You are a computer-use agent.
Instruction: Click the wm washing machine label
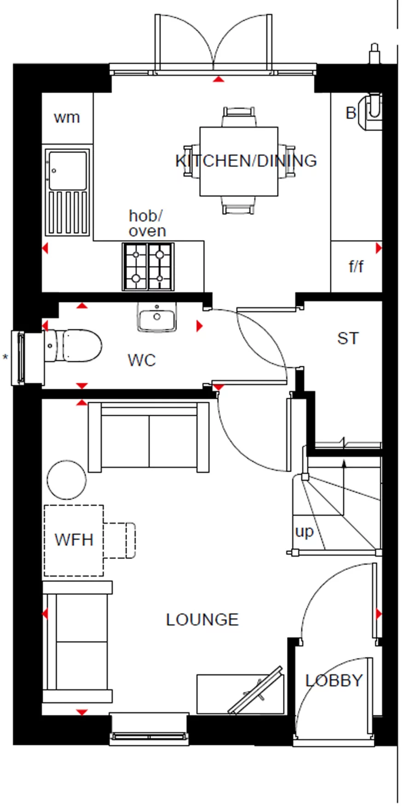click(x=67, y=118)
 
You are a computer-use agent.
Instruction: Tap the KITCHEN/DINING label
click(x=246, y=161)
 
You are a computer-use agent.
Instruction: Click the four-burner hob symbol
click(x=148, y=267)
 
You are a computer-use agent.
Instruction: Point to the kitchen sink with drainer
click(x=67, y=192)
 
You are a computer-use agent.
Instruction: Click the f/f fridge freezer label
click(x=356, y=266)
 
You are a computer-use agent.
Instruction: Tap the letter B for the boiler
click(x=351, y=113)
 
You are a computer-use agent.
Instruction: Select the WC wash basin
click(x=157, y=317)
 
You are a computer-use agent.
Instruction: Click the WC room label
click(x=142, y=360)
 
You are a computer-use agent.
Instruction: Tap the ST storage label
click(x=347, y=339)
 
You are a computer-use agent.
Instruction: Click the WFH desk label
click(x=74, y=540)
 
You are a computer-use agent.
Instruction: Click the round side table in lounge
click(x=67, y=480)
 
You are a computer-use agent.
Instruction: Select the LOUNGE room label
click(x=202, y=620)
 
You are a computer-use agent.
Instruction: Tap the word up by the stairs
click(x=304, y=531)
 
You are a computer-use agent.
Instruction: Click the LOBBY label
click(x=334, y=681)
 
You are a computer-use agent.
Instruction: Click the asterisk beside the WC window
click(x=6, y=358)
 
